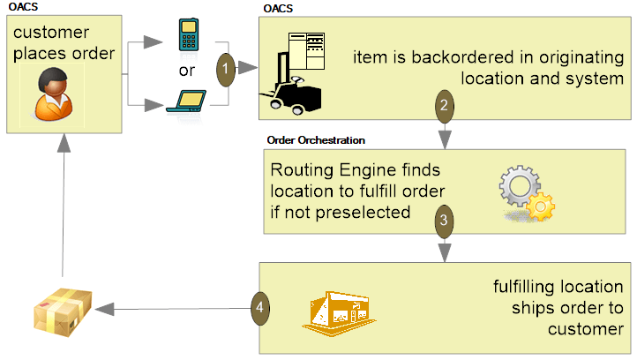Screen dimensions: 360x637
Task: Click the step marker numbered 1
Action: tap(226, 67)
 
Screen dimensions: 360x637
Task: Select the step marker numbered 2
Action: tap(445, 105)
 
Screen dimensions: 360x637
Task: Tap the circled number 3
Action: tap(445, 220)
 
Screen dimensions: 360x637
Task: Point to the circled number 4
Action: tap(260, 307)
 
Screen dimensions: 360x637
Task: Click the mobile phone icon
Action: tap(186, 34)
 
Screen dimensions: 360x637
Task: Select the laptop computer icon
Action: tap(186, 101)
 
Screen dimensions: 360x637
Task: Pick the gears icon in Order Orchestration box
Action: tap(527, 193)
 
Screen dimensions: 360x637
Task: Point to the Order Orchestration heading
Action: tap(316, 139)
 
